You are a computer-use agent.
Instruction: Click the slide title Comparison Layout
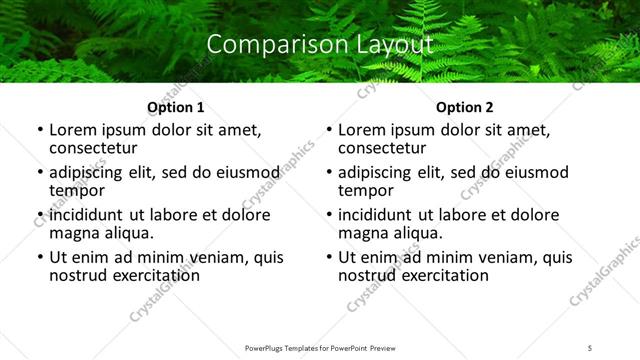320,45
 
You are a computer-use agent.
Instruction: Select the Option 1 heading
175,107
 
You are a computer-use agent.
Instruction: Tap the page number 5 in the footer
590,347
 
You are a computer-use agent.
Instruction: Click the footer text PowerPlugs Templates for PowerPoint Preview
319,347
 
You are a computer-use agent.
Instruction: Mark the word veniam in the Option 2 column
513,257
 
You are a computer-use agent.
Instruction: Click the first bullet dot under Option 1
41,131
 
